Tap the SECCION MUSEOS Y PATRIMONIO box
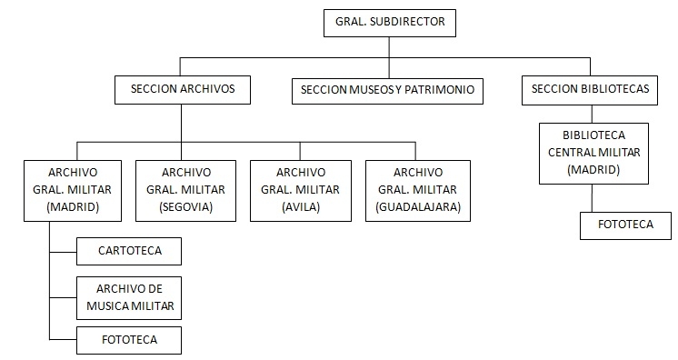click(388, 90)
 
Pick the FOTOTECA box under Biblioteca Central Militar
click(626, 225)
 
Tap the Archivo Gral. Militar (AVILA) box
click(300, 189)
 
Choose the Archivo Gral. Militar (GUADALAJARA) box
click(418, 189)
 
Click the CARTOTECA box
click(129, 250)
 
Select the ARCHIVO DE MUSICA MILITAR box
click(129, 296)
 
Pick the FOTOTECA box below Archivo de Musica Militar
click(129, 340)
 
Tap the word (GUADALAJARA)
click(418, 206)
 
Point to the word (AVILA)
click(300, 206)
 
